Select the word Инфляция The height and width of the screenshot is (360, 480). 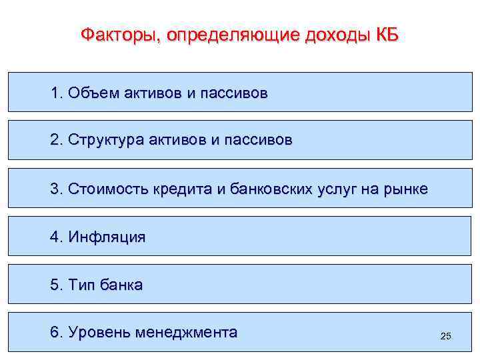107,237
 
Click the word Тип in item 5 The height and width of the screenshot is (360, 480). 81,285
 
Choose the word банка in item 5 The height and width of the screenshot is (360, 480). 121,285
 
